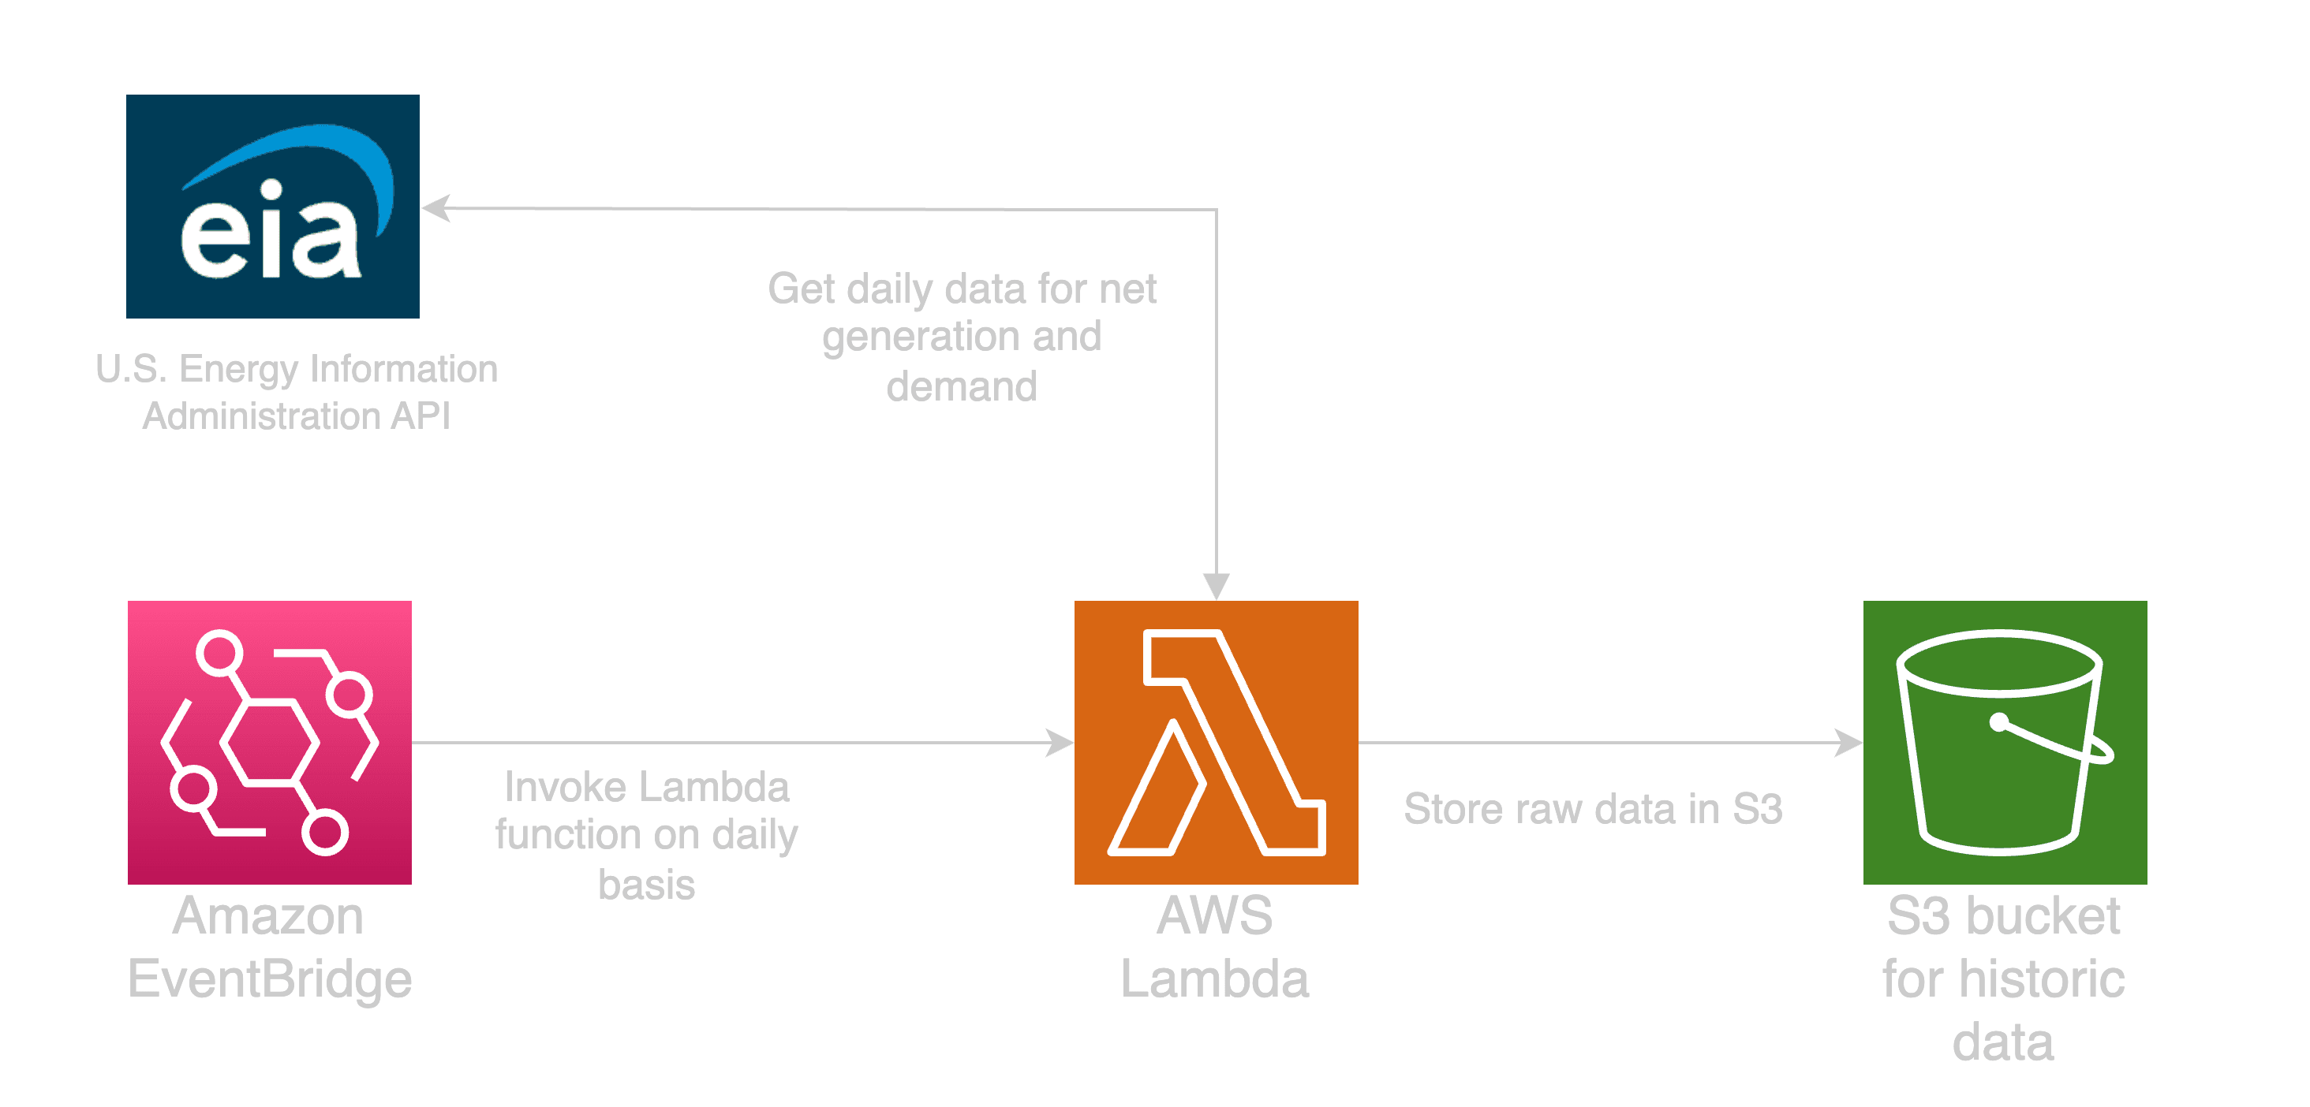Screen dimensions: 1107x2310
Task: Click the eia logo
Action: click(273, 206)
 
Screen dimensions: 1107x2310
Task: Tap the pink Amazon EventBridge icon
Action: click(270, 742)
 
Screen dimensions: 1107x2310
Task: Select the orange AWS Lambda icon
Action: click(1216, 742)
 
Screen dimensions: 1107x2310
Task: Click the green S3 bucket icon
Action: click(2005, 742)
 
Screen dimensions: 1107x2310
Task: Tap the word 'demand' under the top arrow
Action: click(961, 387)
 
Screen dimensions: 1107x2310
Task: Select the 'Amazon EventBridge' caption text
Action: click(270, 948)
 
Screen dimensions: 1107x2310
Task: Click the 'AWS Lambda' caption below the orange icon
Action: click(1215, 948)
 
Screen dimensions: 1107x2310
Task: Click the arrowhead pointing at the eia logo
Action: click(434, 208)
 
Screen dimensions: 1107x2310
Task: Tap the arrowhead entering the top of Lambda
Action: click(1216, 588)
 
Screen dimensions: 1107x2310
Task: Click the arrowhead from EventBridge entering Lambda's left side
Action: click(1062, 742)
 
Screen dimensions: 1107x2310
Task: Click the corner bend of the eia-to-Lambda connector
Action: click(1216, 210)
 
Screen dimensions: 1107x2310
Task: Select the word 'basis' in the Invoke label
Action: click(647, 885)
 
